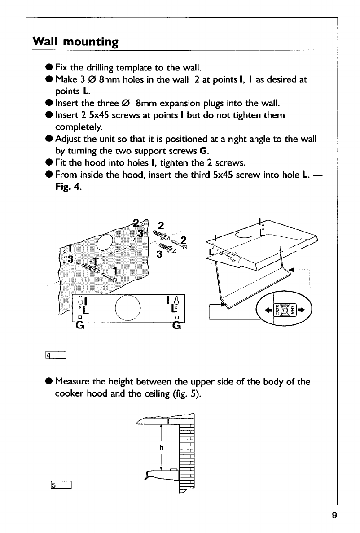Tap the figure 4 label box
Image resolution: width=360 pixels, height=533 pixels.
58,356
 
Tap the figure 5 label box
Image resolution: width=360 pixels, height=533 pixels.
58,485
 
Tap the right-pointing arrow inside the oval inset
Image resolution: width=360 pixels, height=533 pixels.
302,310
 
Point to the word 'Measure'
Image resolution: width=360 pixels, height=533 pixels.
73,382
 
